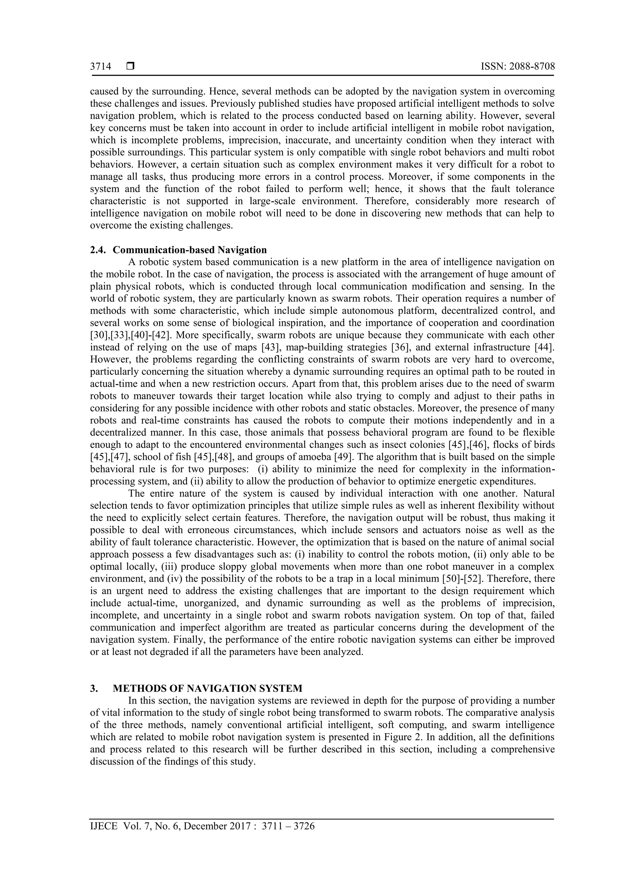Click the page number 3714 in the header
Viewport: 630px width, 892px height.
[101, 67]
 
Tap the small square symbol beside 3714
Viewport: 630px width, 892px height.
[130, 67]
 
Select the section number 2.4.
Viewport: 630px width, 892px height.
[98, 250]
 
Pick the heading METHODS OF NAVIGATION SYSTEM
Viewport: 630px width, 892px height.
[207, 689]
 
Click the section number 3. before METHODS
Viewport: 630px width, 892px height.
[94, 689]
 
